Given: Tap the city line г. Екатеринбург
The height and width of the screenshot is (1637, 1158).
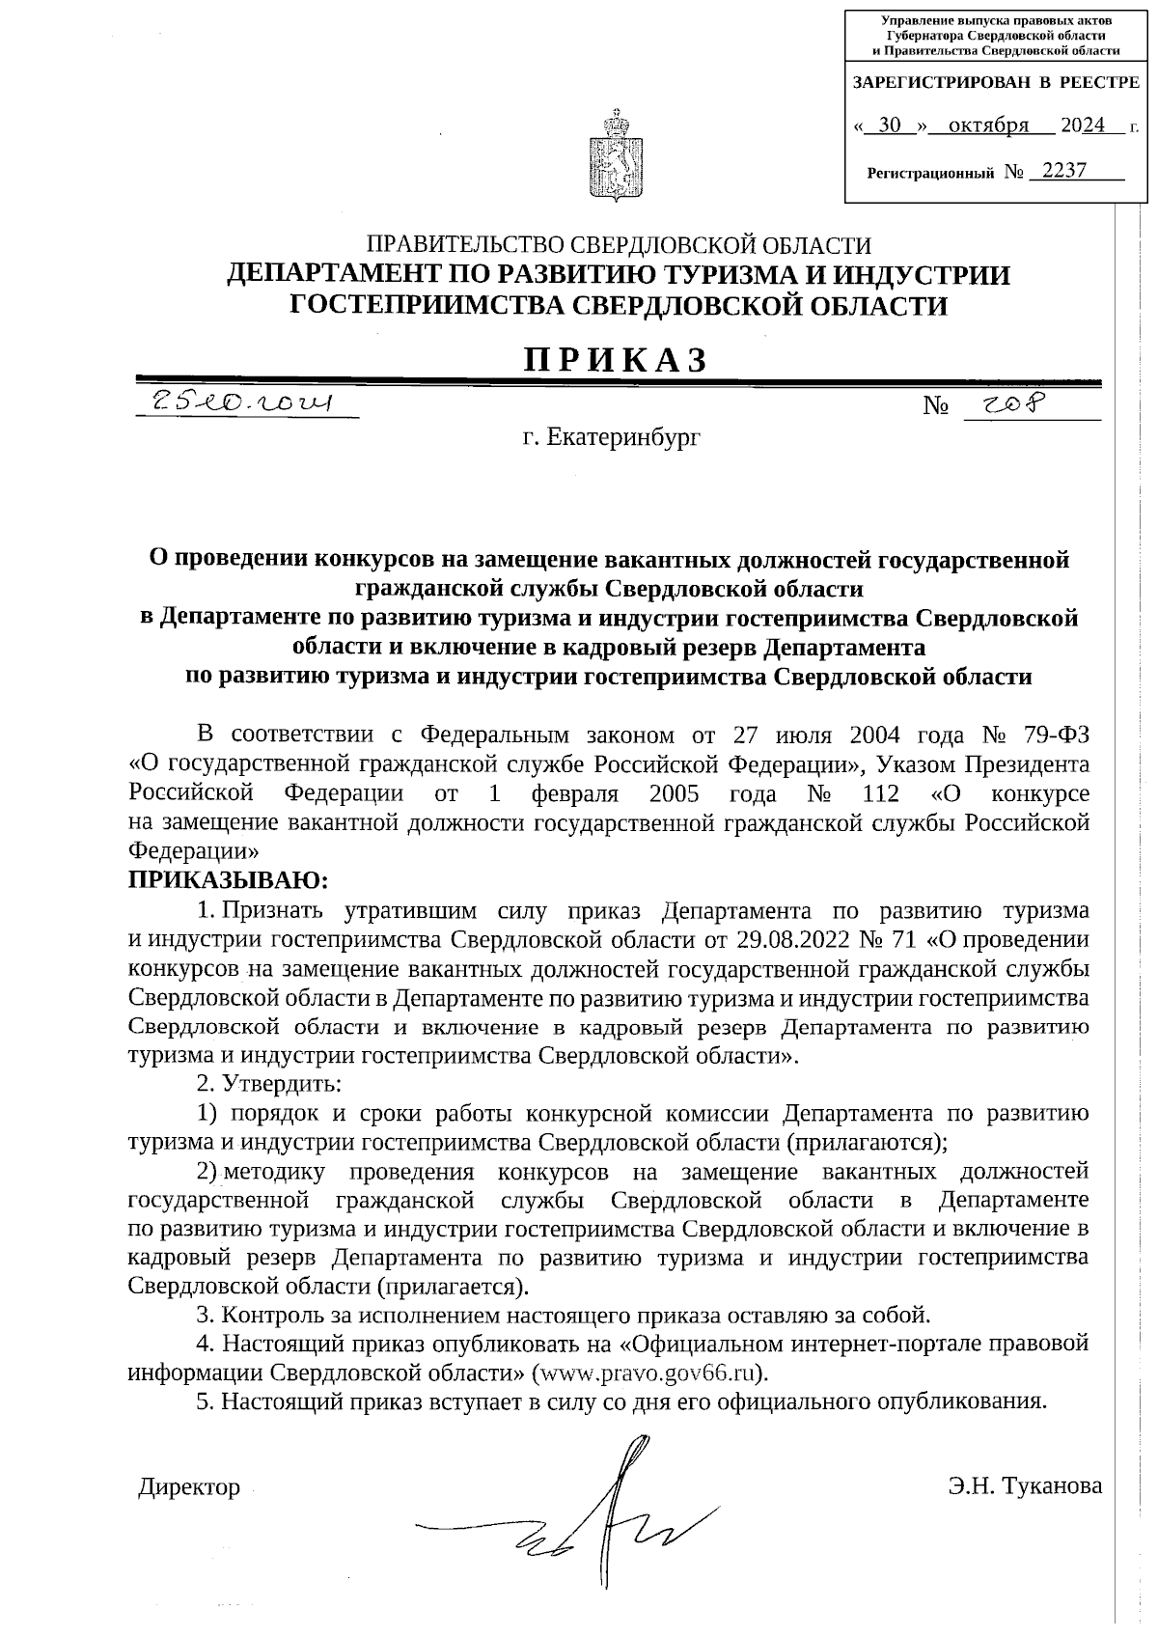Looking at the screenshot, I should [x=611, y=438].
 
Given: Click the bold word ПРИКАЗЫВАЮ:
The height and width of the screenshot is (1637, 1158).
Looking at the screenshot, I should [x=229, y=879].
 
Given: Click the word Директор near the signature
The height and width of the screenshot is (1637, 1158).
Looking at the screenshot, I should [x=189, y=1486].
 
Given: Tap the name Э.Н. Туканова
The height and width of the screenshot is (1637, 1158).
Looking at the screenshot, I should [x=1025, y=1486].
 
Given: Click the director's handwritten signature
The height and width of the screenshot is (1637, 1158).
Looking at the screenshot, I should [x=598, y=1525].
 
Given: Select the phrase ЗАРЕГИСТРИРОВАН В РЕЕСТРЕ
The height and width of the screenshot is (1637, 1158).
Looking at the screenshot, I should [x=996, y=83].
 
